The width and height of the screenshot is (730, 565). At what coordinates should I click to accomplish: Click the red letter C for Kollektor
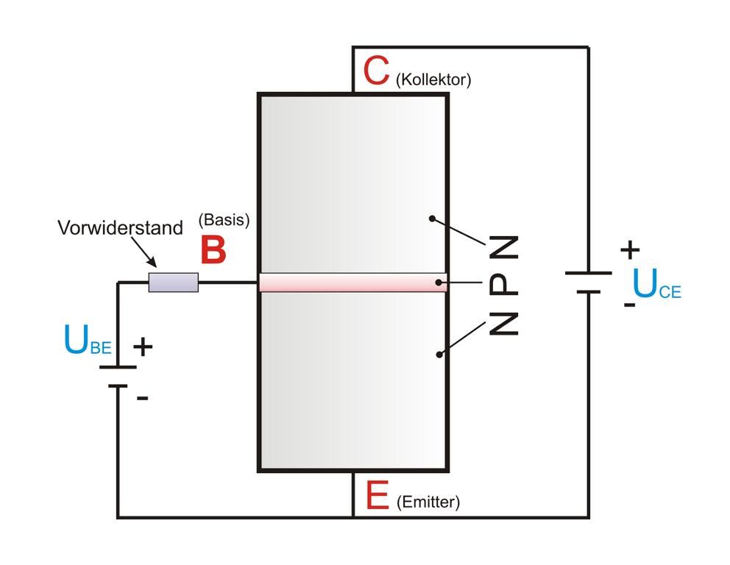click(x=376, y=71)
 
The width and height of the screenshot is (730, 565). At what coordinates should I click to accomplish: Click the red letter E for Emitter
click(x=377, y=495)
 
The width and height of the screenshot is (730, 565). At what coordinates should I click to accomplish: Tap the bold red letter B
click(x=213, y=250)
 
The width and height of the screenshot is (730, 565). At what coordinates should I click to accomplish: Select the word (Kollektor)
click(x=433, y=80)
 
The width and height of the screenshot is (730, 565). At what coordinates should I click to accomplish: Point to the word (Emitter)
click(x=428, y=502)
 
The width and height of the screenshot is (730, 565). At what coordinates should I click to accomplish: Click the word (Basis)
click(x=224, y=220)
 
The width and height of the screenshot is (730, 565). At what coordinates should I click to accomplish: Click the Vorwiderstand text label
click(x=120, y=228)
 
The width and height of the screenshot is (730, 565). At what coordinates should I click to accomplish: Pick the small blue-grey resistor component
click(x=174, y=282)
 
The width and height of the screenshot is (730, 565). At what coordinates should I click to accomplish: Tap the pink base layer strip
click(x=352, y=282)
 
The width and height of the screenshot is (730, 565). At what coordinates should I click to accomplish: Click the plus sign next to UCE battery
click(x=630, y=250)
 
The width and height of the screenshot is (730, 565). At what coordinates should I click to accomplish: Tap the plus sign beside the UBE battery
click(x=143, y=346)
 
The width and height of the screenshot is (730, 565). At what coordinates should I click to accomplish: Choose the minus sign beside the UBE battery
click(x=143, y=398)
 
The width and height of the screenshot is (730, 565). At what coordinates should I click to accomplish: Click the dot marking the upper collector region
click(x=432, y=218)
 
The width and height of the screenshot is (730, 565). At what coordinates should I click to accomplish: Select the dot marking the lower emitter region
click(x=439, y=354)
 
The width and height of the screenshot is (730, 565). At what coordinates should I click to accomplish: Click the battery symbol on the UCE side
click(x=588, y=282)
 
